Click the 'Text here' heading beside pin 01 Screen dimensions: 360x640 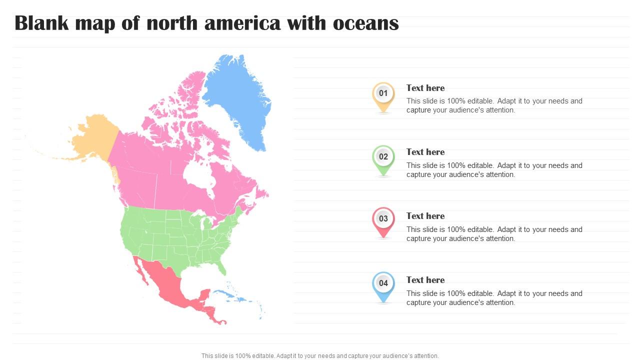point(425,88)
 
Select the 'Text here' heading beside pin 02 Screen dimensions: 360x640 point(425,152)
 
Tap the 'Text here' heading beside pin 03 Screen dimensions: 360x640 point(425,216)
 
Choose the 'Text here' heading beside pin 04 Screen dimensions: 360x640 point(425,280)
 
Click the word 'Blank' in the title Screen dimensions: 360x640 point(40,23)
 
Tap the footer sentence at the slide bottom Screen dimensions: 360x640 point(320,356)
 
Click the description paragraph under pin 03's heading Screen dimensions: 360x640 point(494,234)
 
